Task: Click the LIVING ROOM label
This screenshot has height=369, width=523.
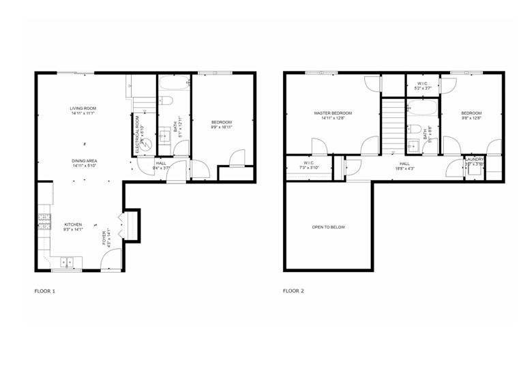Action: click(83, 108)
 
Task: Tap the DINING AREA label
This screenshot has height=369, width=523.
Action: click(84, 161)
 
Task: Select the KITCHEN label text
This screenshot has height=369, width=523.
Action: click(73, 224)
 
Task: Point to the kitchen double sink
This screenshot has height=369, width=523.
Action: click(67, 261)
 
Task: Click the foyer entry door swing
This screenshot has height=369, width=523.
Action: click(110, 261)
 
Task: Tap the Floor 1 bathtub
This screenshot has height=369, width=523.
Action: click(174, 85)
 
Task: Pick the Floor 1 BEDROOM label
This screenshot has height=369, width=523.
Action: click(221, 123)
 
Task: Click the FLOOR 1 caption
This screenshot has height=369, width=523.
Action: click(44, 291)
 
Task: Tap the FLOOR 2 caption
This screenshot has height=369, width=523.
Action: click(293, 291)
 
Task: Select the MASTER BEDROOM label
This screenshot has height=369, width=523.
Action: click(333, 113)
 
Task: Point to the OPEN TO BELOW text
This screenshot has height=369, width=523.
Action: click(329, 227)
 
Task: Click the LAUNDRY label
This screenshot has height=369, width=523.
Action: click(474, 160)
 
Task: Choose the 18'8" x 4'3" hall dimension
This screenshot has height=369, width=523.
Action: click(404, 168)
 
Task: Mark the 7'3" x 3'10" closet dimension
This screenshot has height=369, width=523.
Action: click(309, 168)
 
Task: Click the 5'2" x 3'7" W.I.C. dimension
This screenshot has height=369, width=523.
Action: click(423, 89)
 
